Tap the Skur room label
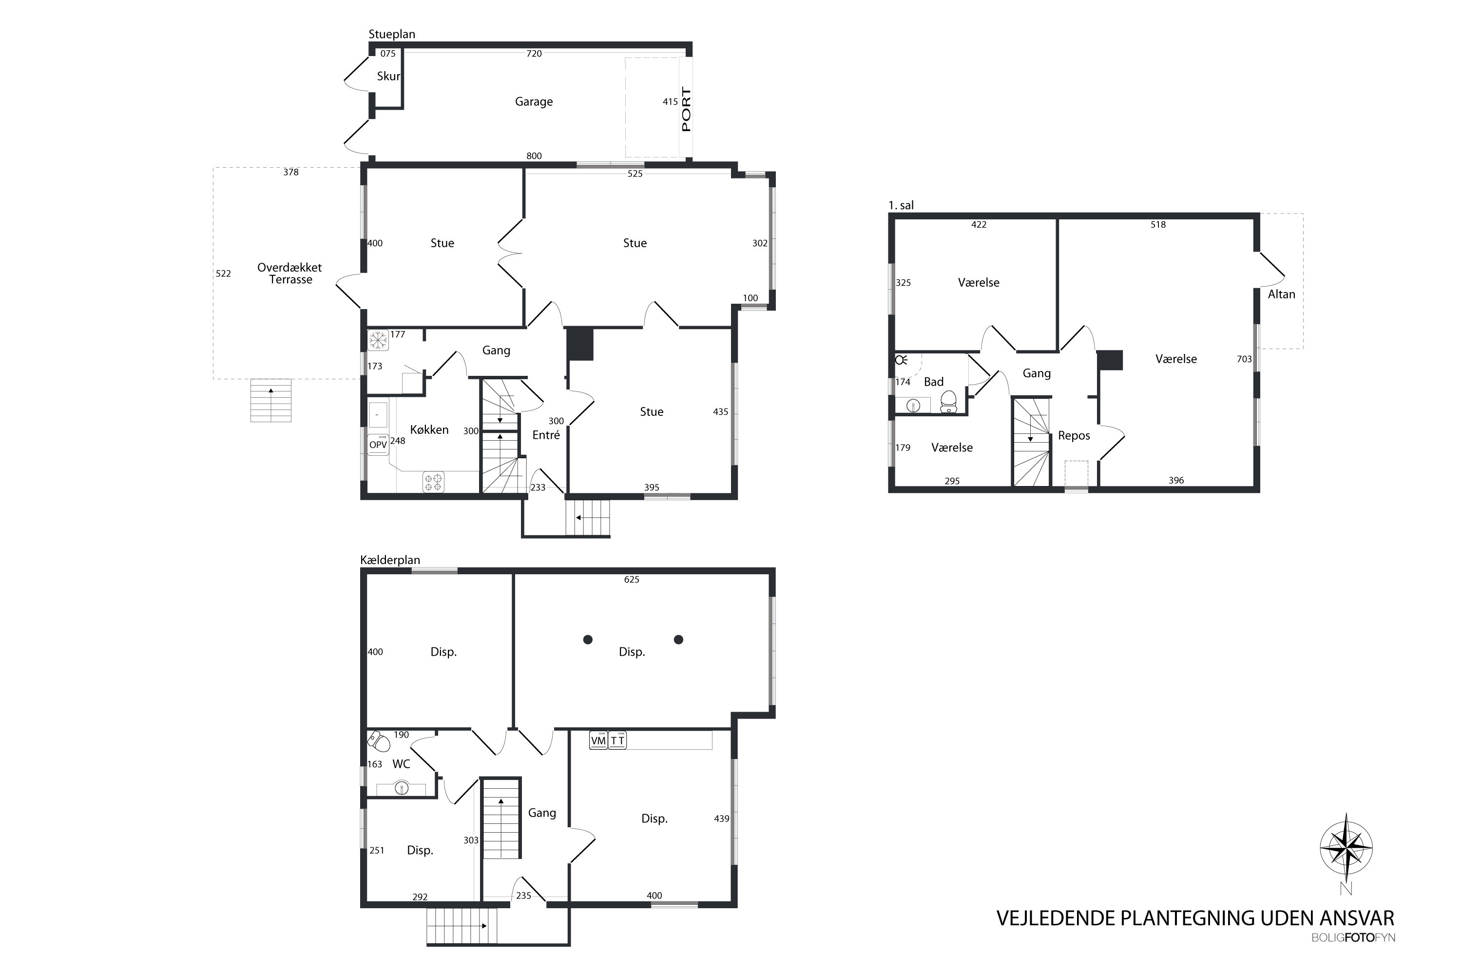click(x=388, y=77)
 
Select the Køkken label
click(x=429, y=429)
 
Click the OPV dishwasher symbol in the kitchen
click(x=378, y=445)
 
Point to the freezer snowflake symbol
click(x=378, y=340)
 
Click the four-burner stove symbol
click(x=433, y=482)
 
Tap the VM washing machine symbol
click(x=598, y=741)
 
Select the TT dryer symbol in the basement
click(x=617, y=741)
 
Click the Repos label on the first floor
click(x=1074, y=436)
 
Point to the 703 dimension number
click(x=1244, y=359)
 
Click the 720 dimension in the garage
click(x=534, y=54)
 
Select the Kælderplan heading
click(x=390, y=560)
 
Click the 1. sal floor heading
click(x=901, y=205)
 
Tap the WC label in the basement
click(x=401, y=764)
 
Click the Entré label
click(x=546, y=435)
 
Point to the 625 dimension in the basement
click(x=632, y=580)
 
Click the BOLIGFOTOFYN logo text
click(x=1353, y=955)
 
